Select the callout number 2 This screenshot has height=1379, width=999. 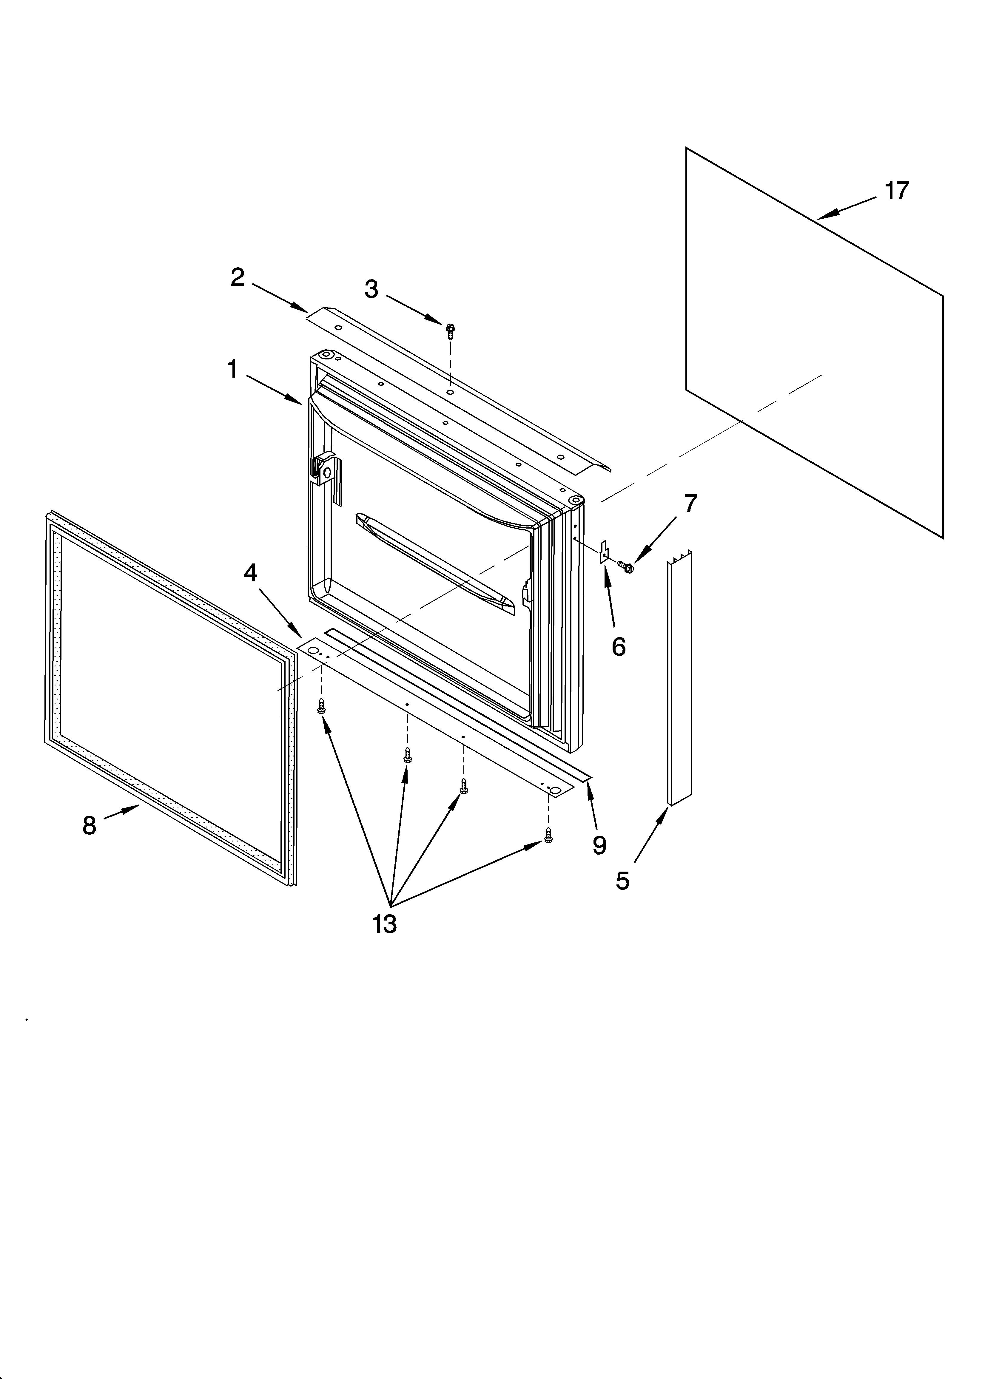(x=237, y=278)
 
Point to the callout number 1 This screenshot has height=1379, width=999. (x=232, y=369)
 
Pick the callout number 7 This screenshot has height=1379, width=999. (x=690, y=504)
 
